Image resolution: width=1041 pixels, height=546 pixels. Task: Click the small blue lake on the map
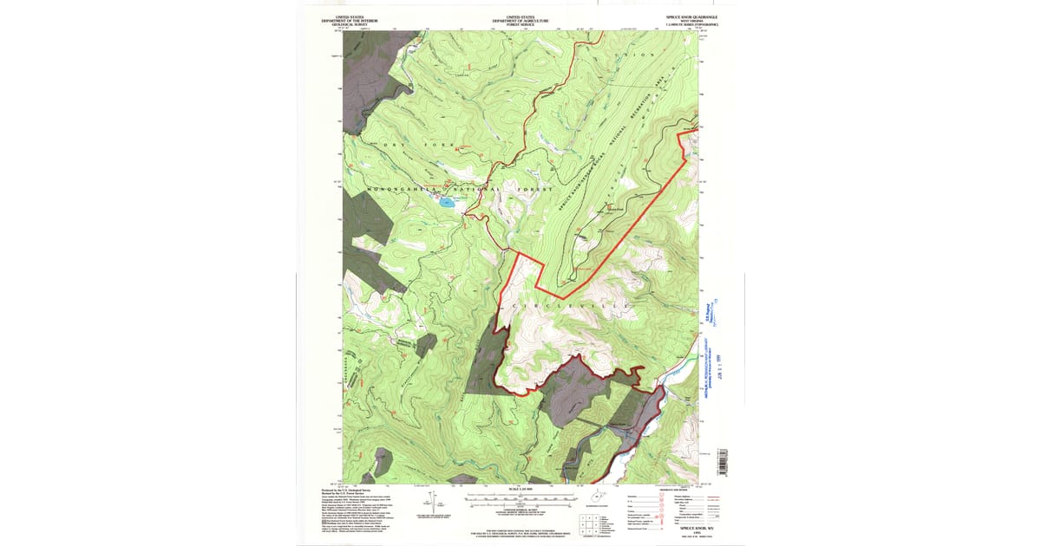(x=446, y=203)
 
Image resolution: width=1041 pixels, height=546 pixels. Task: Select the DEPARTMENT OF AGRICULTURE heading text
(x=520, y=21)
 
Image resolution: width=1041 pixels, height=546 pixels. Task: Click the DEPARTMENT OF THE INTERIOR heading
(x=349, y=21)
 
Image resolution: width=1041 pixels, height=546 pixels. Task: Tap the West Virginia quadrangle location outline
(x=597, y=498)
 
